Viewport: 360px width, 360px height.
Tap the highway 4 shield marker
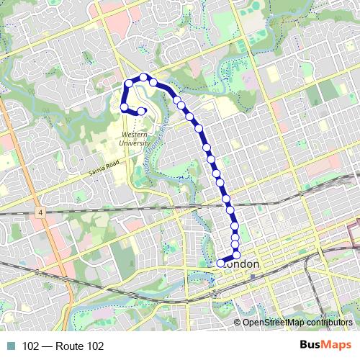[x=42, y=214]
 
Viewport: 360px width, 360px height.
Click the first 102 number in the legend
[x=31, y=346]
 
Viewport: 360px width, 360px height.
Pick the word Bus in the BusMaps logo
[x=310, y=345]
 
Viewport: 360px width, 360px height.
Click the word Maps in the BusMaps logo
[x=337, y=345]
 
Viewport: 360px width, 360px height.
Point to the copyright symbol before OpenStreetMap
[x=237, y=322]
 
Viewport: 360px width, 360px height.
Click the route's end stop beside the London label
[x=220, y=263]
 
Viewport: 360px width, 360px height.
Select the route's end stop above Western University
[x=141, y=111]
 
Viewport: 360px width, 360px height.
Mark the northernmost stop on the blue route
[x=144, y=77]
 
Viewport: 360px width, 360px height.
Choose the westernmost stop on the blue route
[x=123, y=108]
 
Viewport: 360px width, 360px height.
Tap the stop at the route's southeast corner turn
[x=235, y=256]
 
